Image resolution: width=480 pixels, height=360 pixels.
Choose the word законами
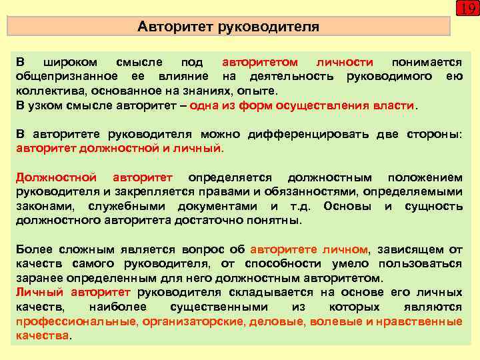tap(42, 206)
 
